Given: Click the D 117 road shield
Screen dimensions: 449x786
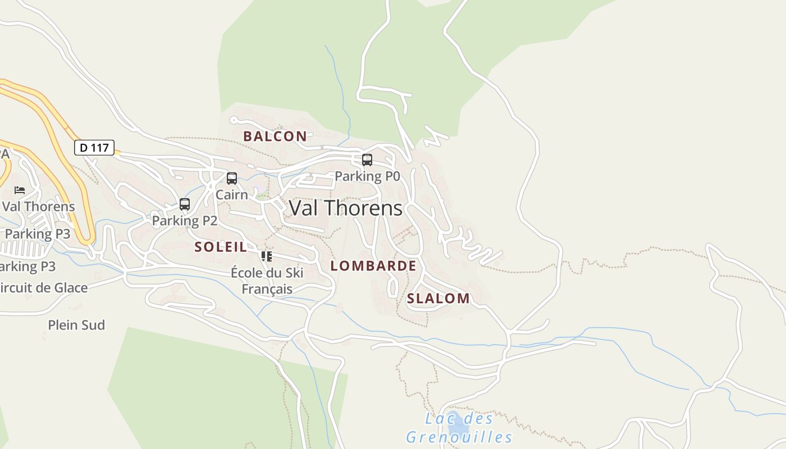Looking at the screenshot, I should click(94, 148).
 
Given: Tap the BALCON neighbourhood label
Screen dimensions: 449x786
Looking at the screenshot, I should click(275, 136).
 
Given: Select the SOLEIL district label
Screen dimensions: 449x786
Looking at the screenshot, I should click(221, 246).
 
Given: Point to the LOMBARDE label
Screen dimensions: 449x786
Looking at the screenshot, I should click(373, 265).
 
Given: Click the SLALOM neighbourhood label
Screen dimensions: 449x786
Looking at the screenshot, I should click(438, 298).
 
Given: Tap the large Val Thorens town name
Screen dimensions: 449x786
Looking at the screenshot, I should click(346, 208).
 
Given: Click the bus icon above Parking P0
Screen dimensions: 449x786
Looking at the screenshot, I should click(367, 160).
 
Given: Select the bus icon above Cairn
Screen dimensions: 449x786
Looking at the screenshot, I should click(231, 178).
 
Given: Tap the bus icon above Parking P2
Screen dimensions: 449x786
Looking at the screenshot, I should click(185, 204).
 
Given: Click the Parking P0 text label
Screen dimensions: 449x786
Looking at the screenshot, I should click(367, 176).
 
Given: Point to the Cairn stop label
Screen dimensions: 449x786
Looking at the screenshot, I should click(231, 195).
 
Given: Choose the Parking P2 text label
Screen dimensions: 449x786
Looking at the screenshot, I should click(185, 221).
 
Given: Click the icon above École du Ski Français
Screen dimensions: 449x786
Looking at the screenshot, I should click(267, 256).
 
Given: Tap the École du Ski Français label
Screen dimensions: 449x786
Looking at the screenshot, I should click(267, 281).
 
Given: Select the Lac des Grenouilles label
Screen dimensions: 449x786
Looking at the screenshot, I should click(459, 428).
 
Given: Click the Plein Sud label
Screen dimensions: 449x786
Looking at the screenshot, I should click(76, 325).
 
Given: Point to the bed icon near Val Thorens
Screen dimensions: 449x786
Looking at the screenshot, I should click(20, 190).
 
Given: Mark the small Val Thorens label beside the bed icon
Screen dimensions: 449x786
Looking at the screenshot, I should click(38, 206).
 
